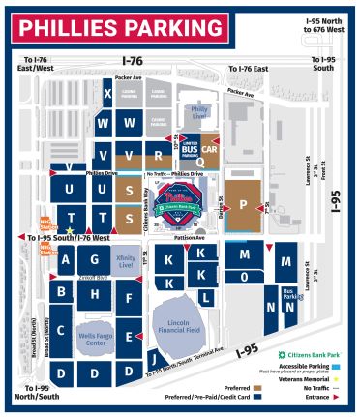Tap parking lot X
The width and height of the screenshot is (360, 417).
[107, 93]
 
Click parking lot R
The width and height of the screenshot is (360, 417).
[157, 154]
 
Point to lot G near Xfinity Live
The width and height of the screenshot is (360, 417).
[94, 260]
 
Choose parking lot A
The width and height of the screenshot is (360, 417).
[66, 259]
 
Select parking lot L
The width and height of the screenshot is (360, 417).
[205, 298]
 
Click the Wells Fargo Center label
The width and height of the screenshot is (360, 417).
[94, 338]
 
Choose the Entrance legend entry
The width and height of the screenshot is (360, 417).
[326, 395]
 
